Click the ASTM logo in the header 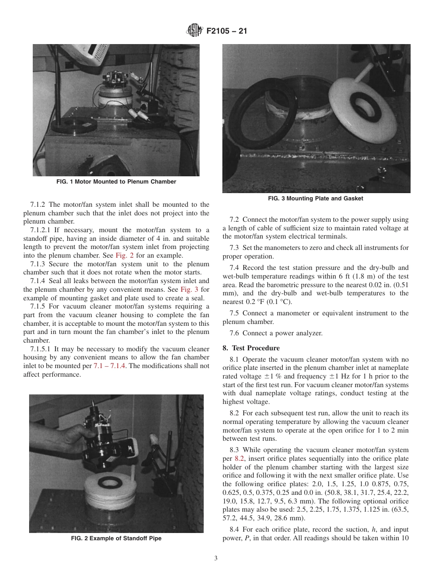click(195, 31)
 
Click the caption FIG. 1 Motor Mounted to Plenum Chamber click(116, 182)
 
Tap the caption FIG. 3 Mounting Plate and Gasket click(316, 199)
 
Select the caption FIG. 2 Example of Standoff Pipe click(116, 538)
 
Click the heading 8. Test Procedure click(251, 348)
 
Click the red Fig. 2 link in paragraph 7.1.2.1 click(125, 255)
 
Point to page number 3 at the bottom click(216, 558)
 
